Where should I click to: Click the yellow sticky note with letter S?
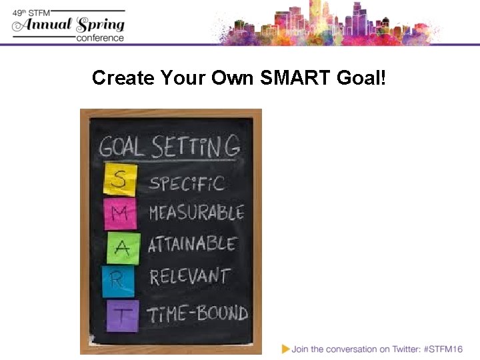click(x=119, y=180)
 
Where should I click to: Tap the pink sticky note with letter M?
click(x=119, y=213)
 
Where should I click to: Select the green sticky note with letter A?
click(x=122, y=247)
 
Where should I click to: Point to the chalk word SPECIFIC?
click(x=187, y=183)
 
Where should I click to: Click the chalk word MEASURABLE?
click(x=197, y=213)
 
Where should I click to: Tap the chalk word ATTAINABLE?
click(x=192, y=245)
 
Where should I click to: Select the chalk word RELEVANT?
click(x=190, y=277)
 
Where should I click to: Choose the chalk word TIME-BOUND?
click(x=198, y=313)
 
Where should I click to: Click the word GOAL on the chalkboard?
click(x=123, y=146)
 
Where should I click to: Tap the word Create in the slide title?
click(x=123, y=78)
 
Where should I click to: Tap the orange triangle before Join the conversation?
click(x=286, y=348)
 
